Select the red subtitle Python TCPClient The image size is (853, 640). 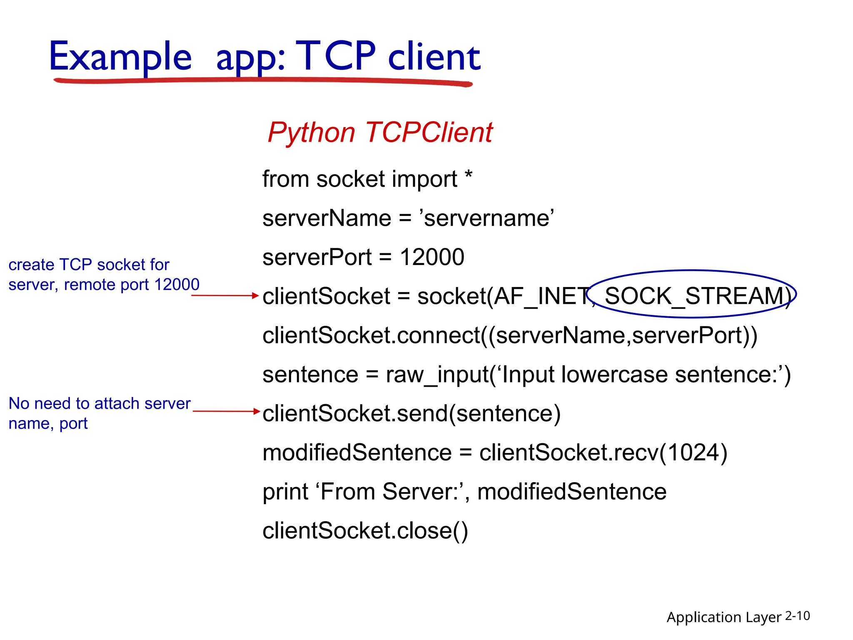[380, 132]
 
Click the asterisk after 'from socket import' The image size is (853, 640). [469, 175]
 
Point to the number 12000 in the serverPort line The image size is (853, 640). [432, 257]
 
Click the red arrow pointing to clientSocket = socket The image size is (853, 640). [225, 295]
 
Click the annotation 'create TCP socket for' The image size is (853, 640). [89, 265]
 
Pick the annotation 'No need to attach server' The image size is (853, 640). [100, 403]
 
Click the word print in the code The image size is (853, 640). [285, 492]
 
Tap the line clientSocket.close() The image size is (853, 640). [365, 531]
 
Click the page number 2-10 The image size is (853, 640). [797, 616]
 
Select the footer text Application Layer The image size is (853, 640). [723, 617]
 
